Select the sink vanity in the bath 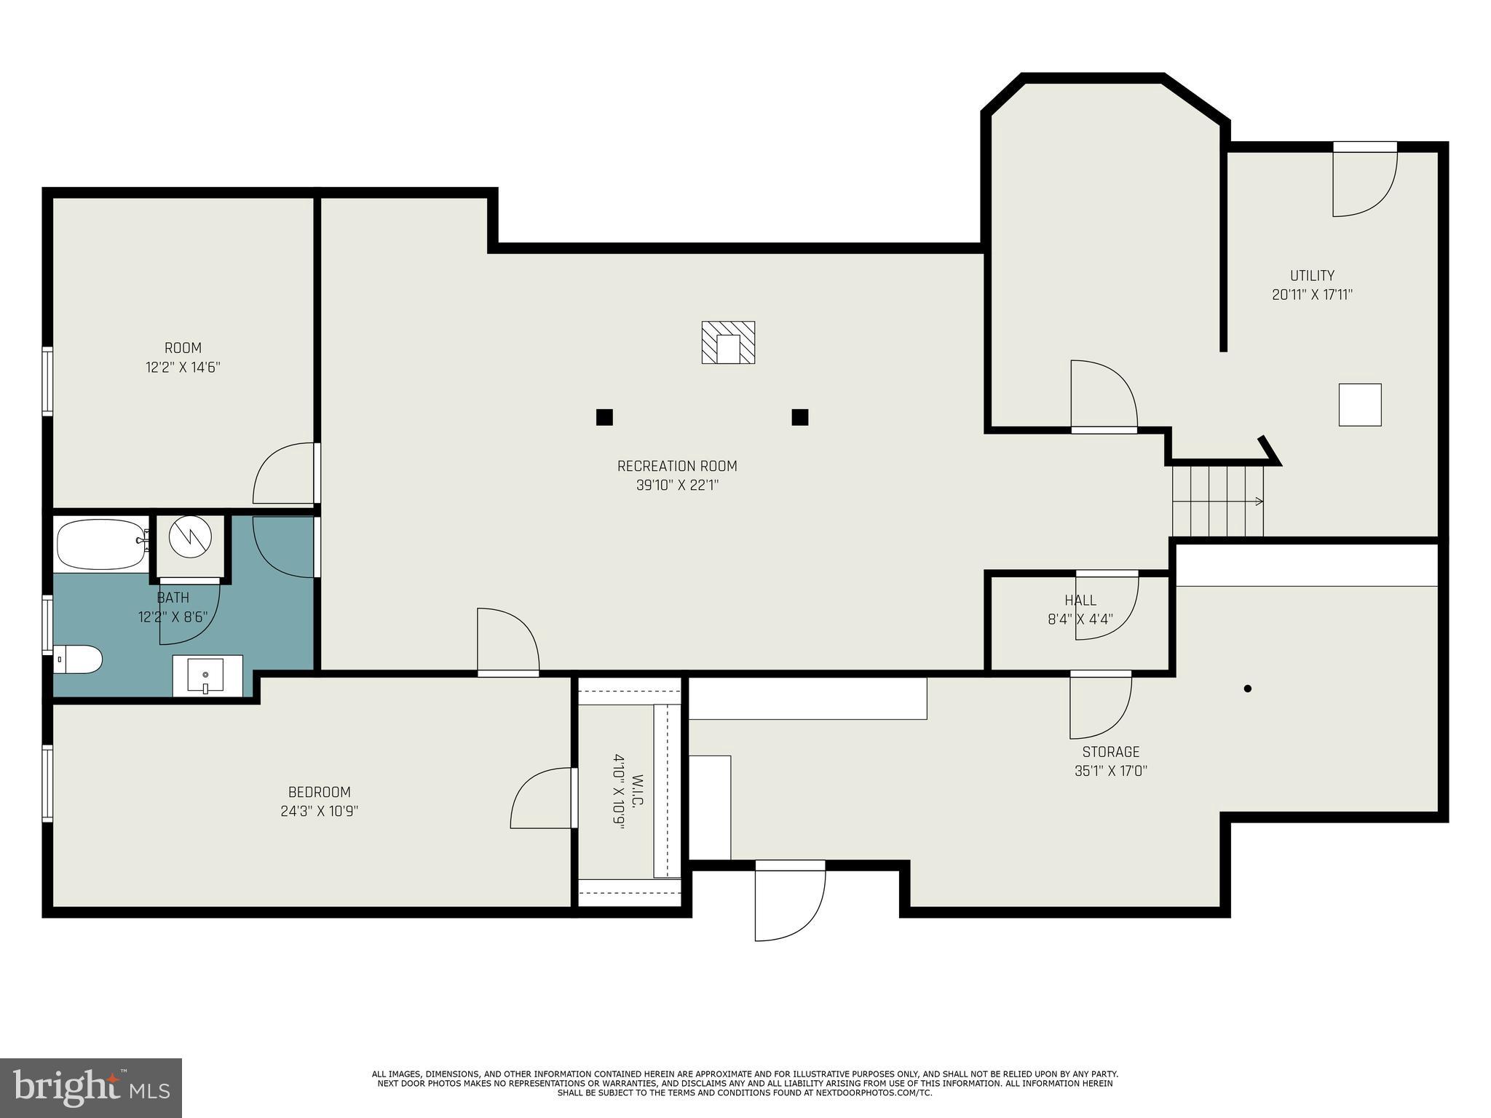pyautogui.click(x=207, y=675)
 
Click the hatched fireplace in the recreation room pyautogui.click(x=728, y=342)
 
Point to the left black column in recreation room pyautogui.click(x=604, y=417)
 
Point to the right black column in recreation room pyautogui.click(x=800, y=417)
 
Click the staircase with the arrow pyautogui.click(x=1217, y=501)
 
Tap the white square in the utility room pyautogui.click(x=1360, y=405)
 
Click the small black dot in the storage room pyautogui.click(x=1247, y=689)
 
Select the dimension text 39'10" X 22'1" pyautogui.click(x=677, y=485)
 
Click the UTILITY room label pyautogui.click(x=1312, y=276)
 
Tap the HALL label pyautogui.click(x=1080, y=600)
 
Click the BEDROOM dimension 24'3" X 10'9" pyautogui.click(x=320, y=812)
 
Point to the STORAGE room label pyautogui.click(x=1110, y=752)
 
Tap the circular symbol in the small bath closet pyautogui.click(x=190, y=537)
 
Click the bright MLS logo pyautogui.click(x=91, y=1088)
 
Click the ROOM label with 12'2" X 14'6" pyautogui.click(x=183, y=348)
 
